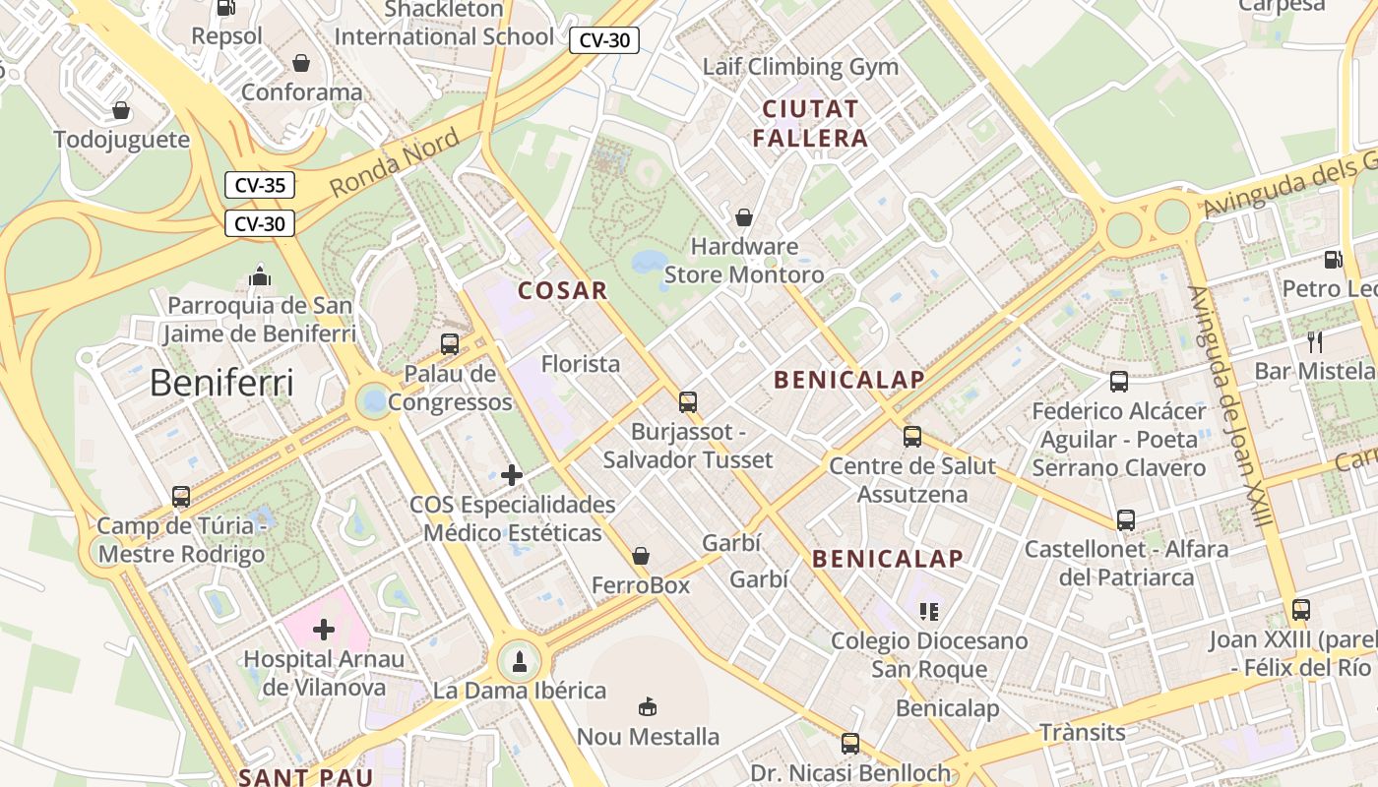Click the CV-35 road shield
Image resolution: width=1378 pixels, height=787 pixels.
[260, 185]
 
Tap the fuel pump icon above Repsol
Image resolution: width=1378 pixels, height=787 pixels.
[225, 8]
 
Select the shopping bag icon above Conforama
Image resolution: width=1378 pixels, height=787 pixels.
[301, 63]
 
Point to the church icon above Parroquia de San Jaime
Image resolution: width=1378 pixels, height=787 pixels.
[260, 276]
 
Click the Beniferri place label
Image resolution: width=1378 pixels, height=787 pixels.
[221, 384]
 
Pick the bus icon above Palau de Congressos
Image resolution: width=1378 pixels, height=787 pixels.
[450, 344]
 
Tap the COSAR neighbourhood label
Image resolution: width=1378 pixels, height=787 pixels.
[563, 291]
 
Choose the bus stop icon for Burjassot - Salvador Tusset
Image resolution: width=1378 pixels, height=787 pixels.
[688, 402]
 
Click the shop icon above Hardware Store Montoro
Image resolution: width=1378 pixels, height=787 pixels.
[744, 217]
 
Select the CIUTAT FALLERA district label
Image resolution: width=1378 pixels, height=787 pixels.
[811, 123]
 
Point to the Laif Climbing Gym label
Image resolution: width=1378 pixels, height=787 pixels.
[800, 67]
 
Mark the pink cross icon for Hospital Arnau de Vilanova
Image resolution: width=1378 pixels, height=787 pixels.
[324, 630]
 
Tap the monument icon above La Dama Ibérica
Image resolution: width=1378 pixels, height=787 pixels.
[520, 661]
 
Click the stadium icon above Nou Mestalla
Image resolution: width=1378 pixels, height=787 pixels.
[648, 707]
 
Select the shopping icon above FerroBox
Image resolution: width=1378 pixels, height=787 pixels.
[641, 557]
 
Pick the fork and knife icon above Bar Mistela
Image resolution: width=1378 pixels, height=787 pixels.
[1315, 342]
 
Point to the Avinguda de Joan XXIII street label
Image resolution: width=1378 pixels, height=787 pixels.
[1231, 405]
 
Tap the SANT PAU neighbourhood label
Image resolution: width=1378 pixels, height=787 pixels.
[306, 777]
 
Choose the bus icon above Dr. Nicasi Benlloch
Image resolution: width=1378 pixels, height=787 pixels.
[850, 744]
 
